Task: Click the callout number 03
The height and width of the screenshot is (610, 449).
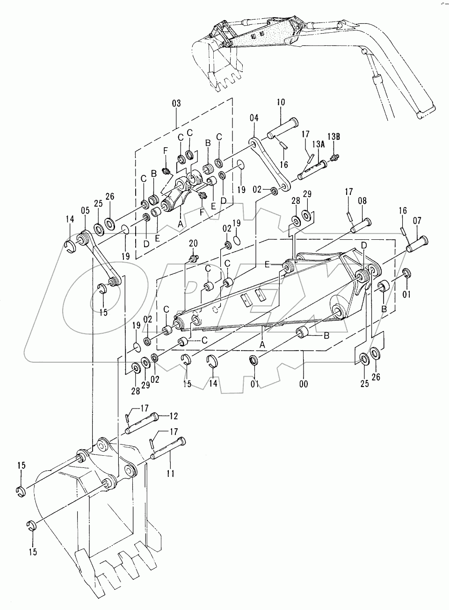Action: point(176,103)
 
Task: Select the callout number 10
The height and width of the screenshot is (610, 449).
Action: point(281,102)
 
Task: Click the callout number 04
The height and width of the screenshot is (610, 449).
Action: point(254,118)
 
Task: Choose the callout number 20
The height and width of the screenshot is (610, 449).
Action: point(193,243)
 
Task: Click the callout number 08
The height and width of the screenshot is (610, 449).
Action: point(362,201)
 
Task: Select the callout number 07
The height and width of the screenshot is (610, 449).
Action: point(417,220)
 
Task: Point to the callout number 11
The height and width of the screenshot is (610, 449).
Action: point(171,474)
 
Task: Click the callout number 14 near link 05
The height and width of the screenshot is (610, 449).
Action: point(70,219)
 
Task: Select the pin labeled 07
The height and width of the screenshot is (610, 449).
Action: point(417,244)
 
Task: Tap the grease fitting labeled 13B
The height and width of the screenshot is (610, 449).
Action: point(334,157)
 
